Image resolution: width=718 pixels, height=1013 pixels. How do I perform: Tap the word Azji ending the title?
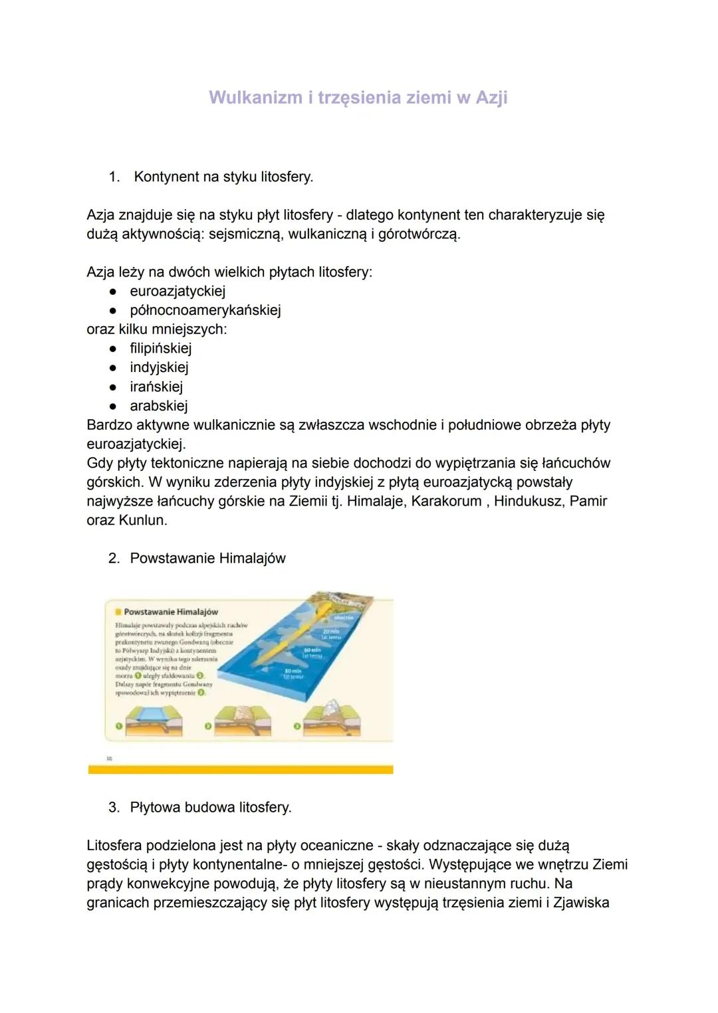pyautogui.click(x=491, y=98)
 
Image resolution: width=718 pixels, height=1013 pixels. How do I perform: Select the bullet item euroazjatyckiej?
pyautogui.click(x=178, y=291)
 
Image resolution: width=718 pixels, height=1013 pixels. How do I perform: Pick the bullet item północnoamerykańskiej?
pyautogui.click(x=205, y=310)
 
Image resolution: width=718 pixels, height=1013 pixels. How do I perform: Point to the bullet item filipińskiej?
pyautogui.click(x=160, y=348)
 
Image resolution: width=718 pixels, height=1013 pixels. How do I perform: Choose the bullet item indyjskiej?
pyautogui.click(x=159, y=367)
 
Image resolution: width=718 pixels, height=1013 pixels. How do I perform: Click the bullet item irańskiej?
pyautogui.click(x=156, y=387)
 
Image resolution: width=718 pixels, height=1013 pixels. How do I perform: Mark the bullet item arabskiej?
pyautogui.click(x=158, y=406)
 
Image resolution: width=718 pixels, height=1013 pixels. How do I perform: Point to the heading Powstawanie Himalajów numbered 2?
pyautogui.click(x=207, y=559)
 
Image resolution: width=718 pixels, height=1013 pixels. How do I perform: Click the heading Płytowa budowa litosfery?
pyautogui.click(x=210, y=808)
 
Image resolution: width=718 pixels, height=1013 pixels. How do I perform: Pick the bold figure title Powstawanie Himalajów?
pyautogui.click(x=171, y=612)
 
